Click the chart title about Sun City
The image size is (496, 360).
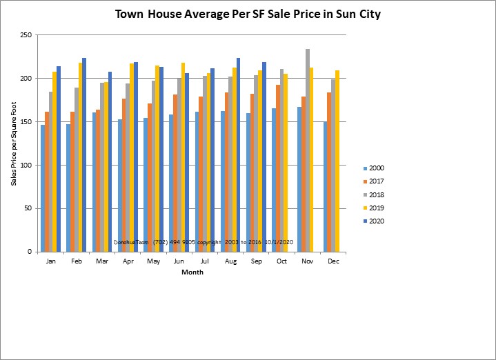point(248,14)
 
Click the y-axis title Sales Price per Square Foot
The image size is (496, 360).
point(12,143)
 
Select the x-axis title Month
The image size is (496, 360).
point(192,272)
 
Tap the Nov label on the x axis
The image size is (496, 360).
point(307,262)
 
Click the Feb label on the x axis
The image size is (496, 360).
point(77,262)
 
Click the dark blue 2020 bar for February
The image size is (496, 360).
point(84,155)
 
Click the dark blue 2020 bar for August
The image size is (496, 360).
point(238,155)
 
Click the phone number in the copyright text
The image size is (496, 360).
point(159,243)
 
